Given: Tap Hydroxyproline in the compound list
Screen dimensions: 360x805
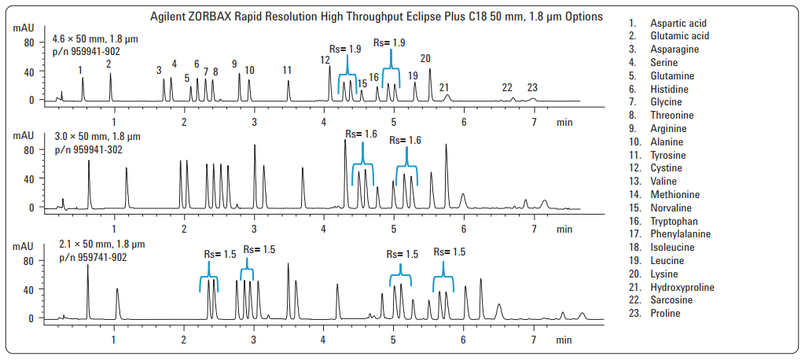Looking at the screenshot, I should tap(682, 287).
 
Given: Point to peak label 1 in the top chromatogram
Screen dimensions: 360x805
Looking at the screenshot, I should tap(81, 70).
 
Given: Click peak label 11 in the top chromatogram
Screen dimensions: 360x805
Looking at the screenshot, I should tap(287, 70).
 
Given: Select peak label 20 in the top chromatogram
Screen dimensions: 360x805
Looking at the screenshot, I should tap(425, 58).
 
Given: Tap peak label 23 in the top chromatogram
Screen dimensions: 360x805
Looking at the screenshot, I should tap(532, 87).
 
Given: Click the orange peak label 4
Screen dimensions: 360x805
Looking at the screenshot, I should tap(175, 64).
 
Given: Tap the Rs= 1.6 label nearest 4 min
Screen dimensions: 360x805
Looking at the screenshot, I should tap(360, 134).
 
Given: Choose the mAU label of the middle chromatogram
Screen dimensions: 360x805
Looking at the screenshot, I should tap(24, 135).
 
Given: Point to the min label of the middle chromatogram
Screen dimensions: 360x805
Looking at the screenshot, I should tap(564, 230).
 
